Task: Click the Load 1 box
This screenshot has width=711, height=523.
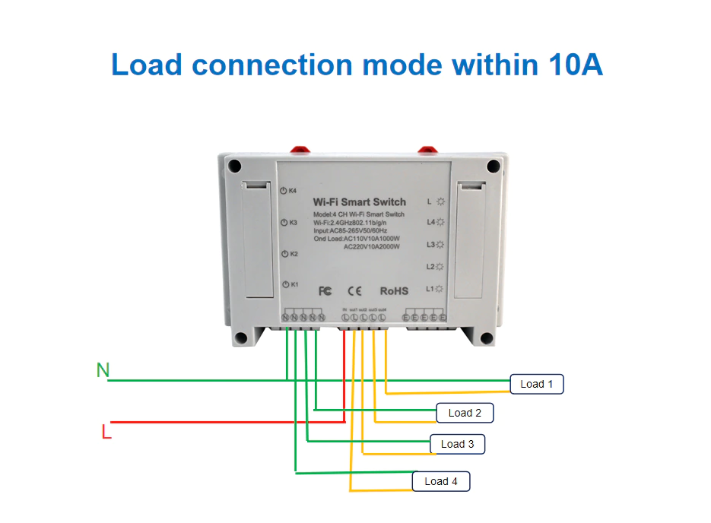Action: [537, 384]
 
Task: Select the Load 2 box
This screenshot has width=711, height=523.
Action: [465, 413]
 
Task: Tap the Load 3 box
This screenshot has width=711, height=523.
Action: [457, 444]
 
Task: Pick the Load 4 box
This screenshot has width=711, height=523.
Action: [441, 481]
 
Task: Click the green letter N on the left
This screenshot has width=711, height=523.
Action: [103, 370]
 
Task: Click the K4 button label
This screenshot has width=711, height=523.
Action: [289, 191]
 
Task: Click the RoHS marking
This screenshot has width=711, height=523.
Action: [394, 291]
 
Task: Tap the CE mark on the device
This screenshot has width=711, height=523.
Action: [355, 291]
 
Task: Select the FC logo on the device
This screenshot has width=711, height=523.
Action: [325, 291]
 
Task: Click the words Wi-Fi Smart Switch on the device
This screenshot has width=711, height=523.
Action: [360, 202]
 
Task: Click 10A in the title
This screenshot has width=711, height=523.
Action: [574, 65]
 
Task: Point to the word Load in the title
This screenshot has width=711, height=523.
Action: [148, 65]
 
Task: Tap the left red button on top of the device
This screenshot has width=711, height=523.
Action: [297, 147]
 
